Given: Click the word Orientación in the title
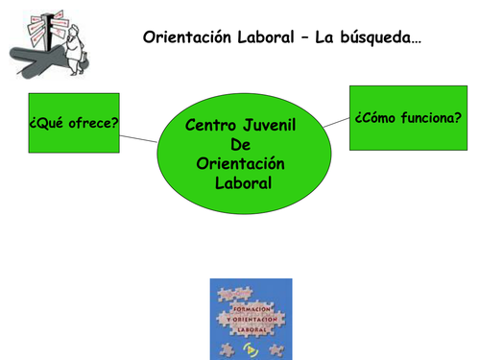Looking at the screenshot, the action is [185, 37].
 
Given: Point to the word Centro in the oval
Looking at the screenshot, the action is [211, 125].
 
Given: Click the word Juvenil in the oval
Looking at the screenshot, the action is [269, 125].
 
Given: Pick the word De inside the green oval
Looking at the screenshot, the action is [240, 144].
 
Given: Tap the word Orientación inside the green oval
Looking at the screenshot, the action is [240, 163].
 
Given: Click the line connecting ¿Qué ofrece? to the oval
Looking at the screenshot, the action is [138, 140].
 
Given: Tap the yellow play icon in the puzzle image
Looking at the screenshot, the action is [252, 348].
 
